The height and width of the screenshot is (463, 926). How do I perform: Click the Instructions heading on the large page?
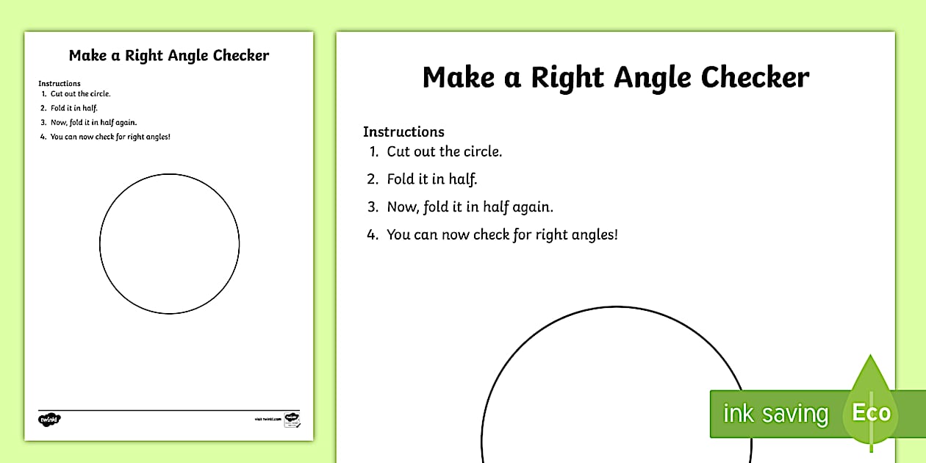(403, 132)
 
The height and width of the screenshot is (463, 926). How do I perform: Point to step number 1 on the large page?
(373, 152)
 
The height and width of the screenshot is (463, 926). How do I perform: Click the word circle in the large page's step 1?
(482, 152)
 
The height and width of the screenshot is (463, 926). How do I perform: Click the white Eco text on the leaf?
(871, 413)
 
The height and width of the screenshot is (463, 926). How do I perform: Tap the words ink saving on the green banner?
(775, 414)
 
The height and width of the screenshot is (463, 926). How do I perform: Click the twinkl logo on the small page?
(49, 420)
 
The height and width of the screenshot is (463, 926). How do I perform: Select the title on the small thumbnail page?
(169, 56)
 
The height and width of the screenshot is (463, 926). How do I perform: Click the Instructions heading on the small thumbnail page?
(60, 84)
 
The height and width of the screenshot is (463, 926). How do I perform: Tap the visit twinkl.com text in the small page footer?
(268, 419)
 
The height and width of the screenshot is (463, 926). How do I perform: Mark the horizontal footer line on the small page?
(169, 410)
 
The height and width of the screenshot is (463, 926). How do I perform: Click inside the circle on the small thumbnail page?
(169, 244)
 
